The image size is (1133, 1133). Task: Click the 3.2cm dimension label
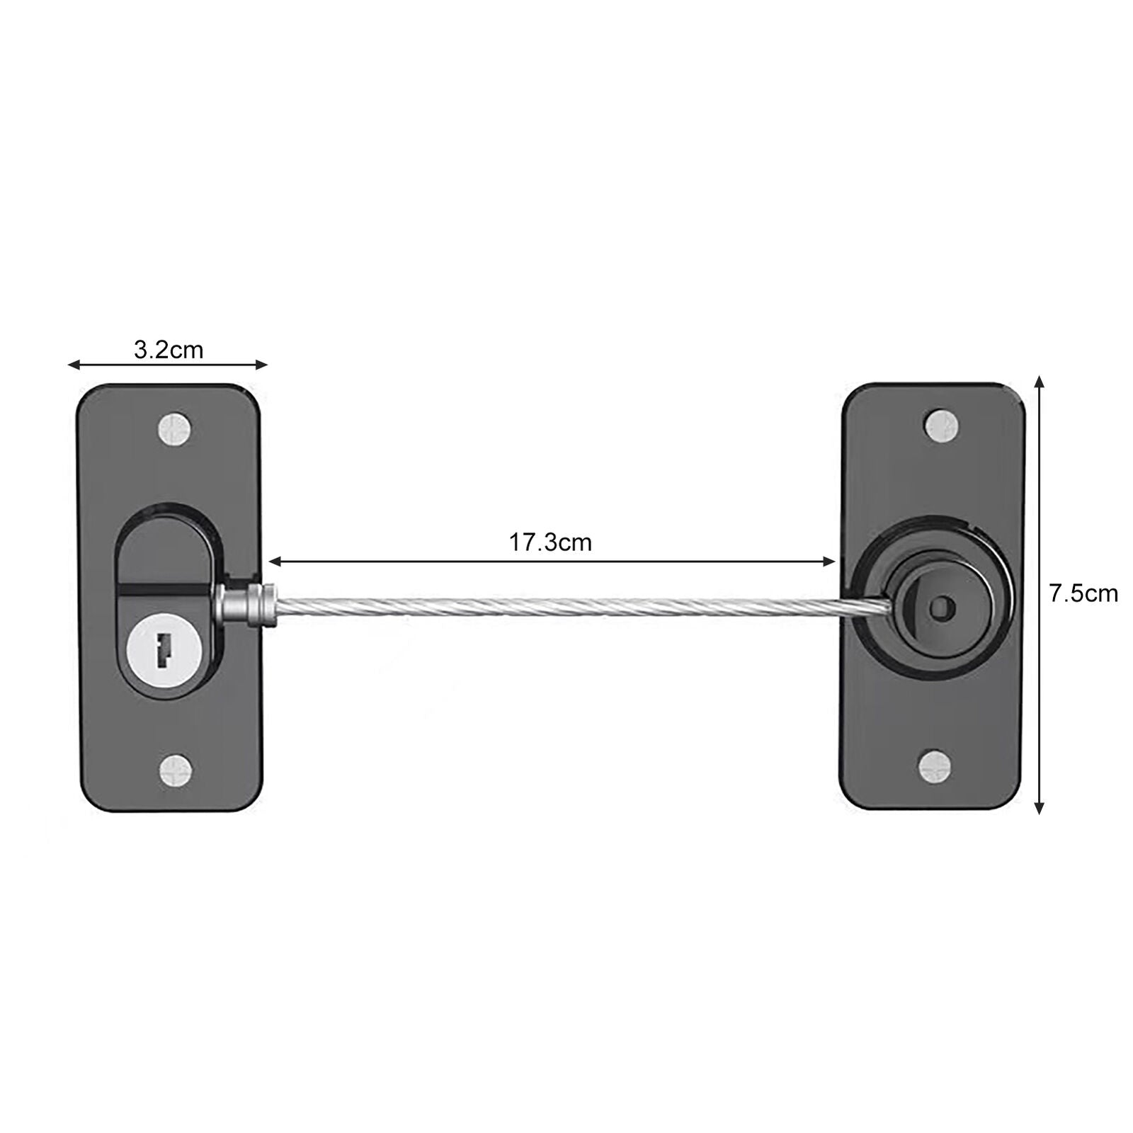pyautogui.click(x=168, y=351)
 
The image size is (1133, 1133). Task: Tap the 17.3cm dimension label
pyautogui.click(x=550, y=543)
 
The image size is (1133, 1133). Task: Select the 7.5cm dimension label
pyautogui.click(x=1083, y=593)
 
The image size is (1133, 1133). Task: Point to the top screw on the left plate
pyautogui.click(x=174, y=429)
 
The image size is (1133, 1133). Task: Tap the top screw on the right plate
pyautogui.click(x=943, y=426)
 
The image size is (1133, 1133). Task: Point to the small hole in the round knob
pyautogui.click(x=941, y=606)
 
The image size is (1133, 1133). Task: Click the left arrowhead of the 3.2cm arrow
pyautogui.click(x=72, y=365)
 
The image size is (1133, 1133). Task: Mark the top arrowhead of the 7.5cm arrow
pyautogui.click(x=1039, y=381)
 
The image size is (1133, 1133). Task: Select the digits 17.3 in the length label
pyautogui.click(x=531, y=543)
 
